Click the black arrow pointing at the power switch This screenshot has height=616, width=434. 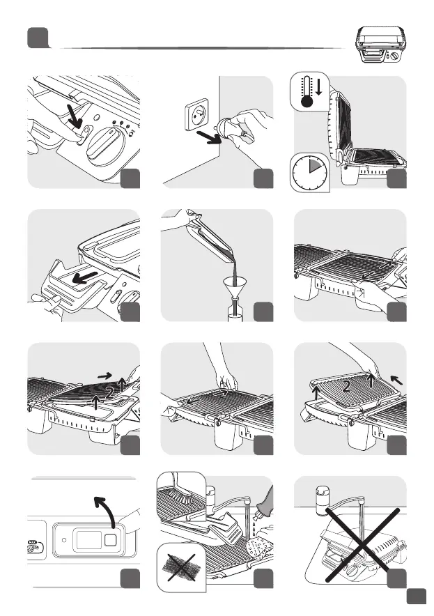pyautogui.click(x=73, y=114)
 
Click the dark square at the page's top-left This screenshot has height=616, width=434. pyautogui.click(x=37, y=38)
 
